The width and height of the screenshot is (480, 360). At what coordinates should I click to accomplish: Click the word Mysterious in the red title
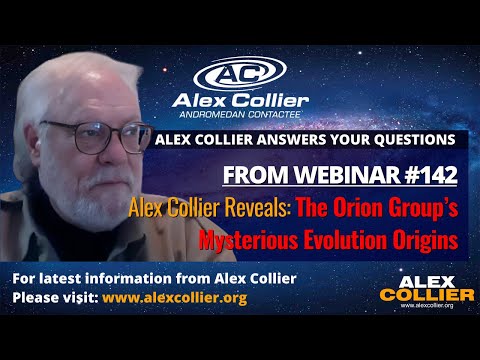(249, 240)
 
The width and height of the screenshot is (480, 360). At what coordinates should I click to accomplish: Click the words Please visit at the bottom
(49, 298)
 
